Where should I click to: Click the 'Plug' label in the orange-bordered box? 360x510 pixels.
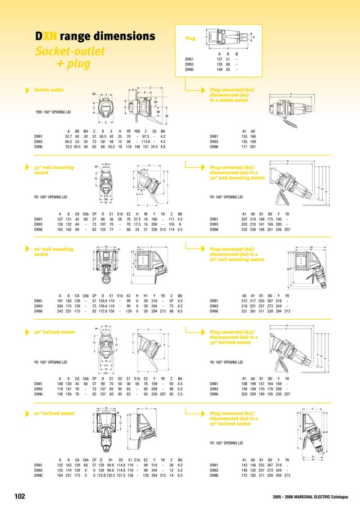190,39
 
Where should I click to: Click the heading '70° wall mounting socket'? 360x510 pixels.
49,251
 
